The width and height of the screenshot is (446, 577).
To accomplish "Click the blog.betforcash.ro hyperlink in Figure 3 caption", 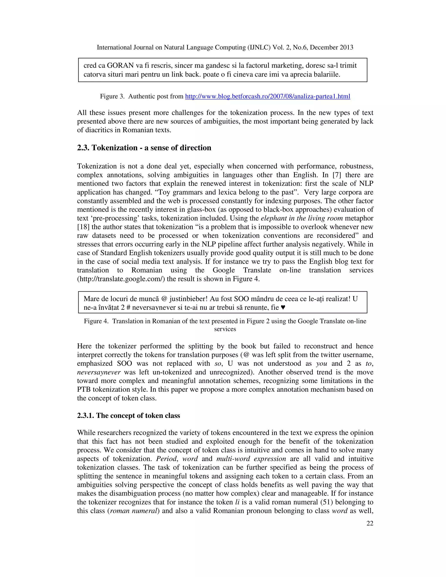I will [x=267, y=96].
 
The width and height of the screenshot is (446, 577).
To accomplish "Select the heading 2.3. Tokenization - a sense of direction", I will [x=144, y=148].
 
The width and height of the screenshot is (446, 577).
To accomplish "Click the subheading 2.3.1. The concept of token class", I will [x=128, y=416].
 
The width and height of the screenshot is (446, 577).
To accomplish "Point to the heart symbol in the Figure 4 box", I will [x=283, y=307].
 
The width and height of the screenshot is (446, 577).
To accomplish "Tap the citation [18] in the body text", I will [x=83, y=227].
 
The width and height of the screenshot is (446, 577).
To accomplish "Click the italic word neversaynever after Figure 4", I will [x=99, y=372].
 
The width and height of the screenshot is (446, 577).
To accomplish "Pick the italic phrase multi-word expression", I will [x=251, y=459].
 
